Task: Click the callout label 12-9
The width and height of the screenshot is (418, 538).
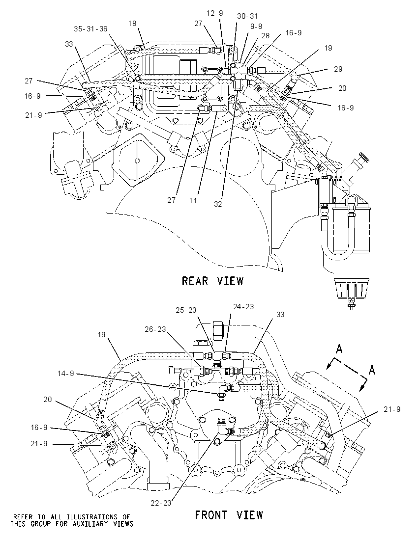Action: point(215,13)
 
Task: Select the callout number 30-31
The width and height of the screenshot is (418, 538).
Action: point(247,16)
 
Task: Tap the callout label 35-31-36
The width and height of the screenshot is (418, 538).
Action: point(91,29)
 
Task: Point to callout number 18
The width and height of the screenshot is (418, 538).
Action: point(132,24)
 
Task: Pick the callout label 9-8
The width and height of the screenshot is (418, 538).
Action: point(256,26)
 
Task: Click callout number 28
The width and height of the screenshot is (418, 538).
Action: point(266,36)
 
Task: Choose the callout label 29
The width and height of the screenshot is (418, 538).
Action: point(338,69)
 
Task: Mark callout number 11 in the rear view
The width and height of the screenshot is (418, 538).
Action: point(193,200)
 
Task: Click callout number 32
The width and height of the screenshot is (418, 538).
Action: point(218,204)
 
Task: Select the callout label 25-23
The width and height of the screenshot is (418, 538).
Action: point(186,310)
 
